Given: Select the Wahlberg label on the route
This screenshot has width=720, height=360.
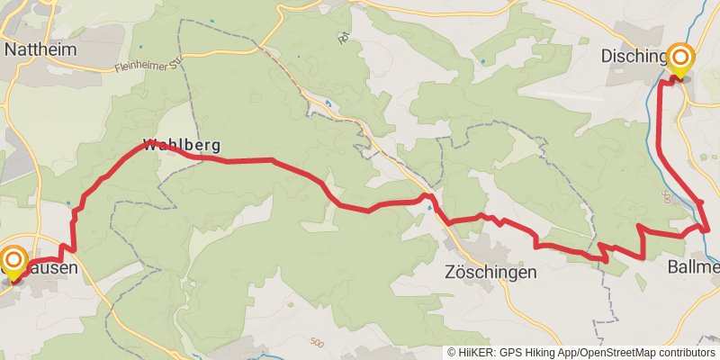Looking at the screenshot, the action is click(x=181, y=145).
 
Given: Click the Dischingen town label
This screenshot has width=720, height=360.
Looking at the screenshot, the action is click(x=634, y=57).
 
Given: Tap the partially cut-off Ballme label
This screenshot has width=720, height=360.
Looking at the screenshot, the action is click(x=693, y=267).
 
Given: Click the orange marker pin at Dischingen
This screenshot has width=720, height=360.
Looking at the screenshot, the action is click(x=680, y=60).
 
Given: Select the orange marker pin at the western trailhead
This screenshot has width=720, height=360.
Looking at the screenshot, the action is click(x=13, y=262).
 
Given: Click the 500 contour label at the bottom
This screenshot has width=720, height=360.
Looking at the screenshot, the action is click(x=316, y=343).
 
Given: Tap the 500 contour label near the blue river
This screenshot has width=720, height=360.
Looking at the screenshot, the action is click(x=666, y=194).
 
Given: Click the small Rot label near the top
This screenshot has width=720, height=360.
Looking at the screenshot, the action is click(x=343, y=38).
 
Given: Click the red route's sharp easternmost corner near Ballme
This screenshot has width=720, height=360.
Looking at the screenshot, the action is click(x=708, y=229).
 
